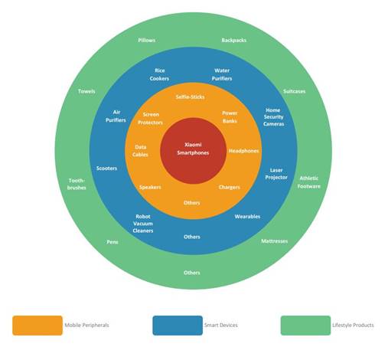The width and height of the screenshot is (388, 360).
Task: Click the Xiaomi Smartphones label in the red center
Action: click(x=193, y=149)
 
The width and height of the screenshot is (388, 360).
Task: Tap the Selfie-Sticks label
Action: click(x=190, y=97)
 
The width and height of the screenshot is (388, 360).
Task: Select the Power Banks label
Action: click(x=230, y=117)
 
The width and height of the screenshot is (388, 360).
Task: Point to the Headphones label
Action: click(x=243, y=151)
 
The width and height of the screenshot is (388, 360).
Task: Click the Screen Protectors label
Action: click(x=150, y=119)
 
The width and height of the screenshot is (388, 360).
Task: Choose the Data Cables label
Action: click(x=140, y=151)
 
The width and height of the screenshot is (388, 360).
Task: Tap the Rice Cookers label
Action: click(x=159, y=74)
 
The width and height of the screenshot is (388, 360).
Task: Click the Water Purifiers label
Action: click(x=222, y=74)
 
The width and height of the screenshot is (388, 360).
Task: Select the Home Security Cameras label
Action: click(x=273, y=117)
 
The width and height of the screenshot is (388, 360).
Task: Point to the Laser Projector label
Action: click(x=276, y=174)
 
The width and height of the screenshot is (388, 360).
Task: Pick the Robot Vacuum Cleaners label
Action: click(x=143, y=224)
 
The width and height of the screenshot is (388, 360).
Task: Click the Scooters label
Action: click(x=106, y=169)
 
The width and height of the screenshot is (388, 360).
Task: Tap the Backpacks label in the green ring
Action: click(x=234, y=40)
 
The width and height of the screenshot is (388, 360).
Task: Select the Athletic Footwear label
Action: click(x=308, y=182)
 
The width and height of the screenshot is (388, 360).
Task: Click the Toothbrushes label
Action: click(x=77, y=184)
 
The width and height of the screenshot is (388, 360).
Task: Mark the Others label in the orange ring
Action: click(x=192, y=203)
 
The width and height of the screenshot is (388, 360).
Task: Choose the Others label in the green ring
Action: click(x=192, y=273)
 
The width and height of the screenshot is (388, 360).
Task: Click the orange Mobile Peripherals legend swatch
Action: click(x=37, y=326)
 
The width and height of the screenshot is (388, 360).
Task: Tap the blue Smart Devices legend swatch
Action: click(x=178, y=326)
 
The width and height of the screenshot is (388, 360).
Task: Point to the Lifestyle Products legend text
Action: click(x=353, y=325)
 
